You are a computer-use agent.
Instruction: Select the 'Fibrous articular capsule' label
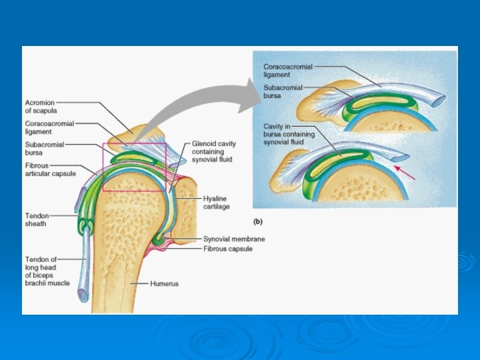(51, 169)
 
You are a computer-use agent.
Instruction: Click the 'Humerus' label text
(164, 284)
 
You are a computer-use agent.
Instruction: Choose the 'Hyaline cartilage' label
(217, 203)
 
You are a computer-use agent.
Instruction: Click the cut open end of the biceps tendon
(82, 294)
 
